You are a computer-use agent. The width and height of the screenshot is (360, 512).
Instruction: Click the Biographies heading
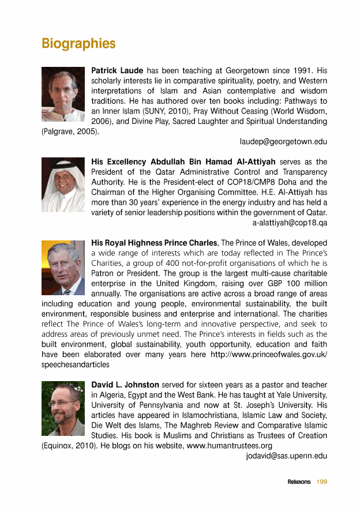coord(78,44)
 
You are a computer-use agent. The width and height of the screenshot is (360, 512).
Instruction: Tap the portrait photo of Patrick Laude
coord(63,94)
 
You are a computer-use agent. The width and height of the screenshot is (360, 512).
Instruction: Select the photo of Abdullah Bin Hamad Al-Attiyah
coord(63,185)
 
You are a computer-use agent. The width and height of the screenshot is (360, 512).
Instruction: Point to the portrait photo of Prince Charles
coord(63,268)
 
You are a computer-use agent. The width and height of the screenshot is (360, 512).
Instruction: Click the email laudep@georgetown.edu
coord(283,141)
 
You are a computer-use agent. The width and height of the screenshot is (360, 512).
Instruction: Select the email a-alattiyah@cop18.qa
coord(290,221)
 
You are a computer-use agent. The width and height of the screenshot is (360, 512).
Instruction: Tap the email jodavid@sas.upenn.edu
coord(287,456)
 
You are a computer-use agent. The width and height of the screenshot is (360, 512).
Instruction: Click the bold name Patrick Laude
coord(118,70)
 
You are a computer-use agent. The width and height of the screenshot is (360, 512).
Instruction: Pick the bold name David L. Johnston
coord(125,385)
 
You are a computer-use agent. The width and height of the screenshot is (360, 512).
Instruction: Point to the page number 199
coord(321,482)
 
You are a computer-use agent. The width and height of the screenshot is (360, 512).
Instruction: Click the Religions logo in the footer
coord(299,482)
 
